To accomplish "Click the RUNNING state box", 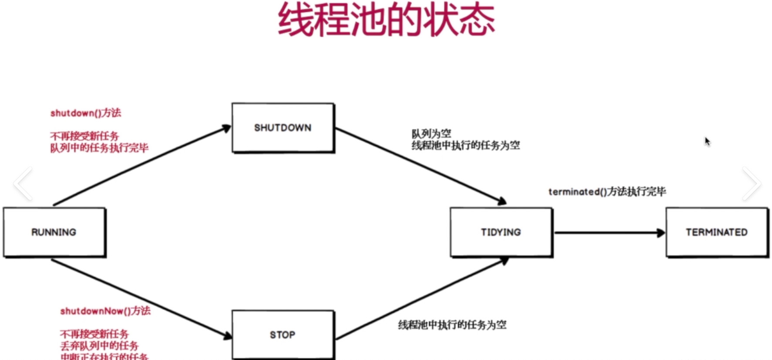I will pos(54,232).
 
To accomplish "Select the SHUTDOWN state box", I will pos(283,128).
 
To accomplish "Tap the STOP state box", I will pos(283,334).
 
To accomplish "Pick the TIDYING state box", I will pos(501,232).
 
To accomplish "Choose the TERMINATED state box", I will pos(717,232).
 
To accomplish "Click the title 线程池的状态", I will pos(386,20).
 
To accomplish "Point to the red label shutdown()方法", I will pos(86,113).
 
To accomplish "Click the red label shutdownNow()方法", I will pos(105,311).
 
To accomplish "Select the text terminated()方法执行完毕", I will pos(607,191).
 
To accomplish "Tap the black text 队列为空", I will pos(431,133).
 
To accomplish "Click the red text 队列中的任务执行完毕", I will pos(99,148).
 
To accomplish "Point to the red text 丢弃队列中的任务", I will pos(99,346).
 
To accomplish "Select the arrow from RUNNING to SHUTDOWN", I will pos(142,166).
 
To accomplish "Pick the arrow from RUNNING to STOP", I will pos(142,299).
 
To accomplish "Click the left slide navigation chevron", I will pos(23,183).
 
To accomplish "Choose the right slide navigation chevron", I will pos(752,183).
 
